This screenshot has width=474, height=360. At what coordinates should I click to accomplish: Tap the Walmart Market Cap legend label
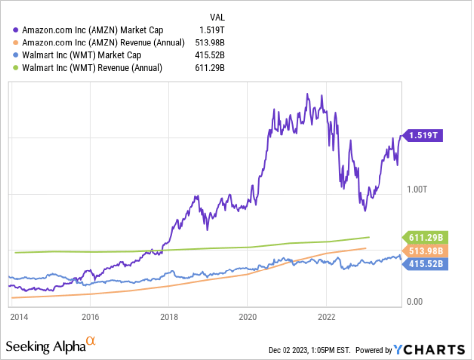[x=89, y=55]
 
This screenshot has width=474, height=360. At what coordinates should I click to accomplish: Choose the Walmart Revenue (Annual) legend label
[x=97, y=68]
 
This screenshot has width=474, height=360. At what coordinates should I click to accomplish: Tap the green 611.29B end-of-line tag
[x=426, y=237]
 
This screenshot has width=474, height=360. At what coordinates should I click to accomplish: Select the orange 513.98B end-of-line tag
[x=426, y=251]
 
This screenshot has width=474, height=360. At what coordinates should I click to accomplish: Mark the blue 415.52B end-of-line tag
[x=426, y=264]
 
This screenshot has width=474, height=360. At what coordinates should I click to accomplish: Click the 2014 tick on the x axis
[x=18, y=316]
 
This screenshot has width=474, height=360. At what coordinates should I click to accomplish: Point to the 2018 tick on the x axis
[x=168, y=316]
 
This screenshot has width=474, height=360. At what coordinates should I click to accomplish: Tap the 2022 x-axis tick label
[x=326, y=316]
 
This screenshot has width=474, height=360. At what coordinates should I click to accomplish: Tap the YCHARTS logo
[x=429, y=349]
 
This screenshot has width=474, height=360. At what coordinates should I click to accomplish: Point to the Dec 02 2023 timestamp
[x=310, y=350]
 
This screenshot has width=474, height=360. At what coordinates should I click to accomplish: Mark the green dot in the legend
[x=17, y=68]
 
